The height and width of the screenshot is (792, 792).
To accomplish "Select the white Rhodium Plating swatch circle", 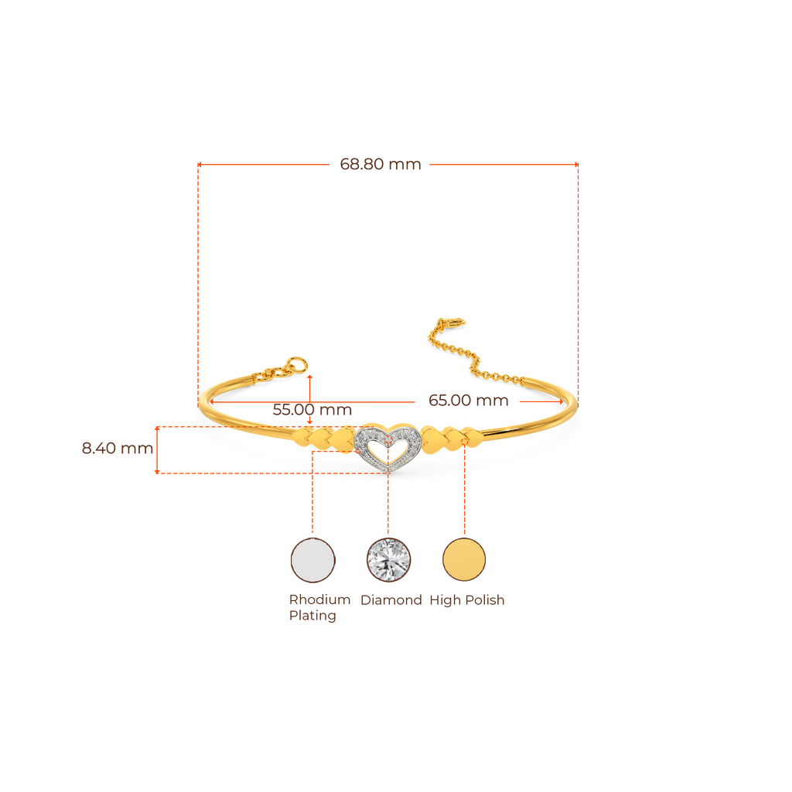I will tap(312, 559).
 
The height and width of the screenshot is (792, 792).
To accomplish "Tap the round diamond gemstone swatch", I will tap(388, 559).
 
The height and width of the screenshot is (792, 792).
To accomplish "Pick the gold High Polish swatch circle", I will tap(464, 559).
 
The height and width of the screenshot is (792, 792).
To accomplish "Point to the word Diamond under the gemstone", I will tap(391, 599).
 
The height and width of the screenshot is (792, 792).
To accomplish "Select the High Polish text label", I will tap(466, 599).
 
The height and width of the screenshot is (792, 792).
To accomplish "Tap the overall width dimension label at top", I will tap(381, 164).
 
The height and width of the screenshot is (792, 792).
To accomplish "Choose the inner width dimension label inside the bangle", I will tap(469, 401).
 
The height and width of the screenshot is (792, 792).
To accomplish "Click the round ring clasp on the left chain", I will tap(295, 364).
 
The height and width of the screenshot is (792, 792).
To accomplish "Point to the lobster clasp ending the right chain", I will tap(449, 324).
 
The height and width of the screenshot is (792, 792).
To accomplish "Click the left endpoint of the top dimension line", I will tap(199, 164).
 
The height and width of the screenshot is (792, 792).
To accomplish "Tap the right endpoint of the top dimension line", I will tap(576, 164).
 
